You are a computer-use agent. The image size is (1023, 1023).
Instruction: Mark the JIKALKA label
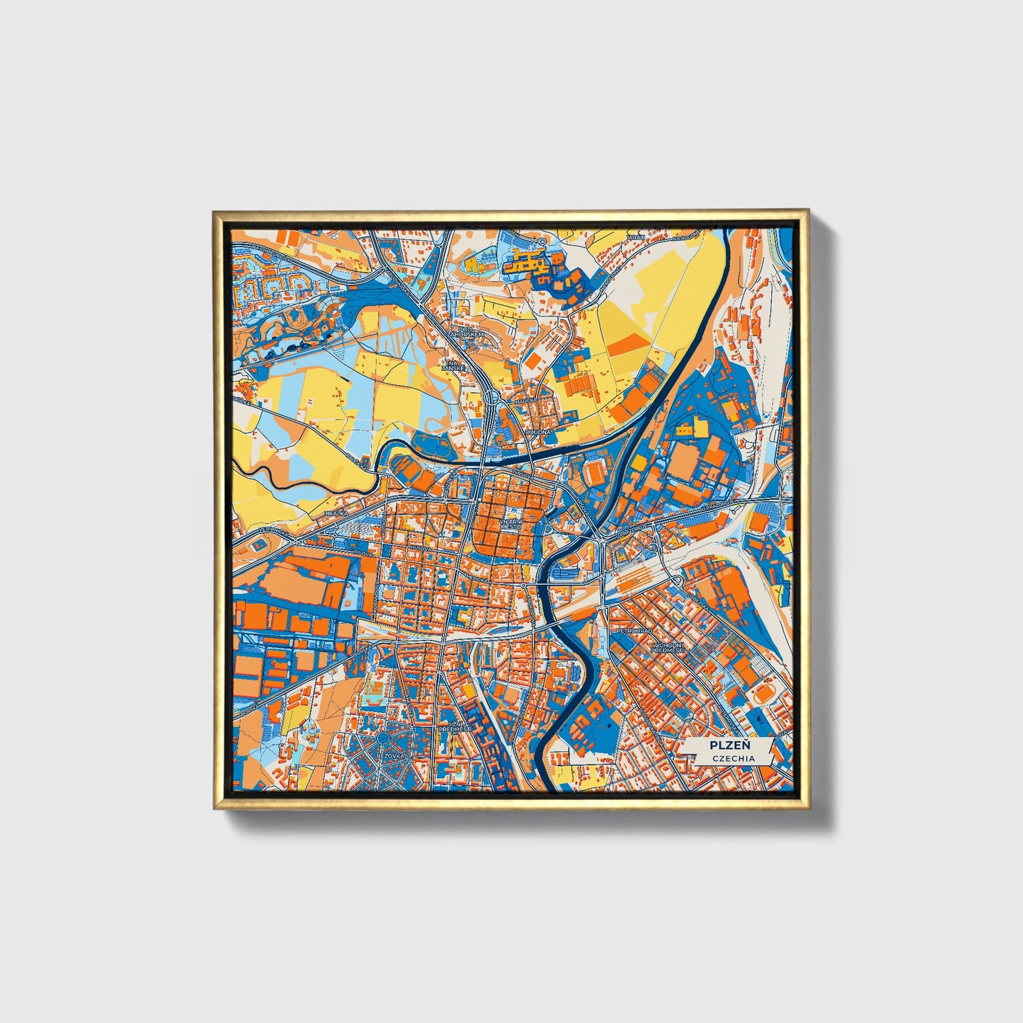pos(336,513)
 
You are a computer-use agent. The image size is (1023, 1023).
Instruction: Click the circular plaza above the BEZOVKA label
pos(384,739)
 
